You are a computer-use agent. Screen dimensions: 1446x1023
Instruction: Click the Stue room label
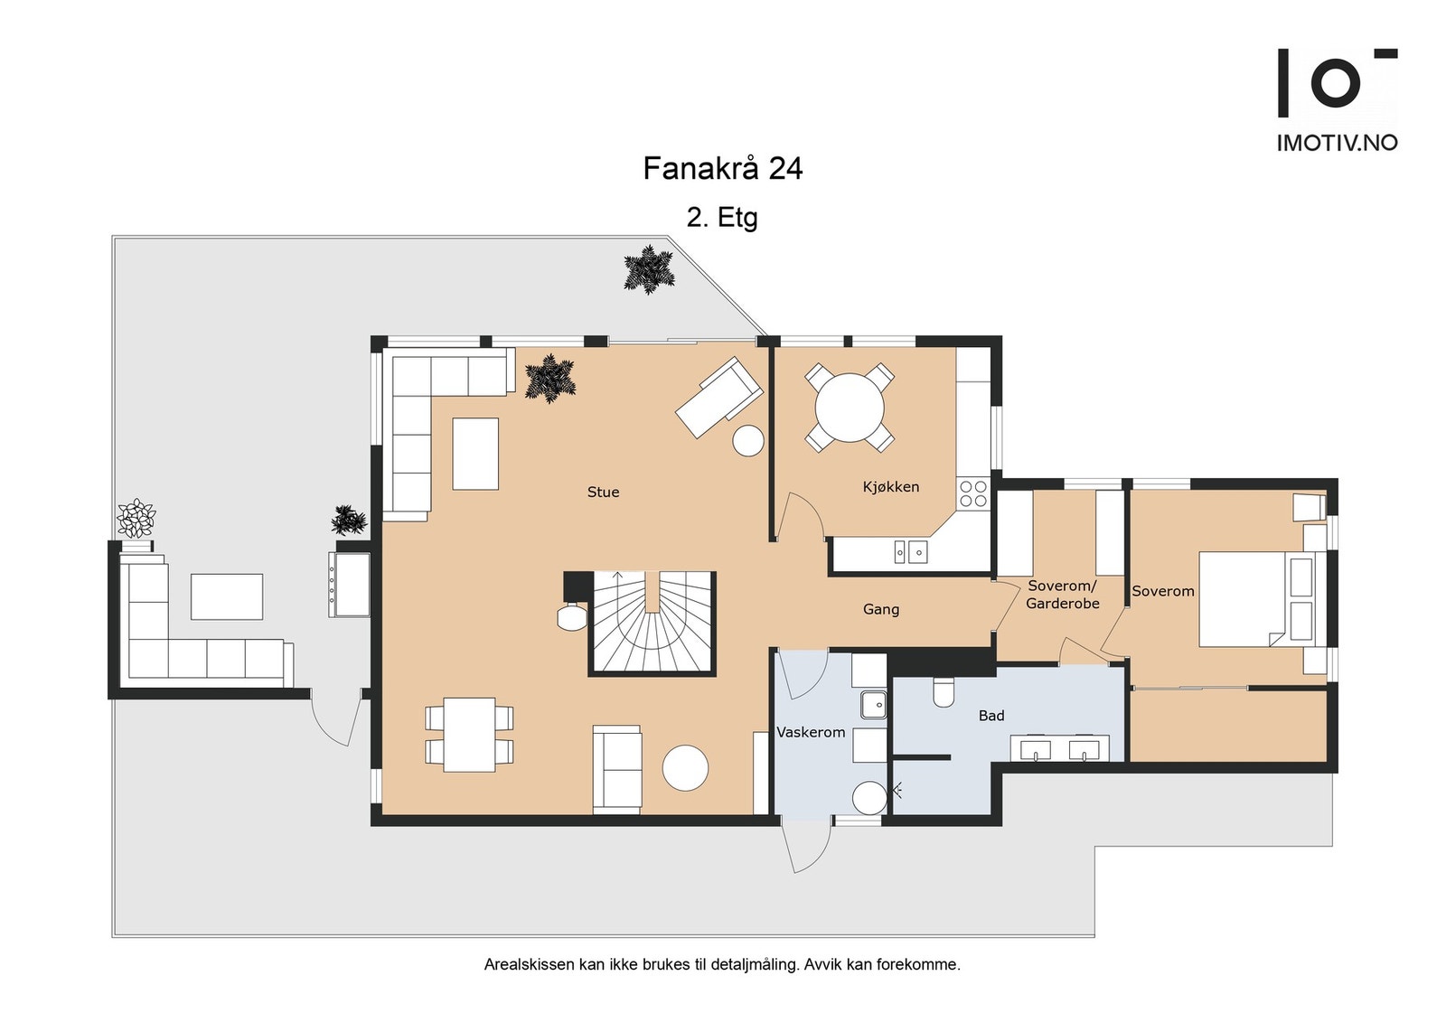tap(603, 492)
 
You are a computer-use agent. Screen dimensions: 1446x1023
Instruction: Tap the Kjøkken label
tap(891, 487)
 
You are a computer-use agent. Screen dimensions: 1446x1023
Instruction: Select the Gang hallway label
tap(880, 609)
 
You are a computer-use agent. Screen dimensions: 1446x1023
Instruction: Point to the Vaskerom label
tap(811, 732)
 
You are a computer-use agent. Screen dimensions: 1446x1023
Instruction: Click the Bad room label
tap(991, 715)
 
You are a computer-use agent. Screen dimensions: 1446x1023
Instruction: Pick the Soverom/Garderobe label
tap(1063, 595)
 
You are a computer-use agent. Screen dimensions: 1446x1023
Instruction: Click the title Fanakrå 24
tap(722, 168)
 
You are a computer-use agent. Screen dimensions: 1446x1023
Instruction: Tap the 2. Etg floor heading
tap(722, 218)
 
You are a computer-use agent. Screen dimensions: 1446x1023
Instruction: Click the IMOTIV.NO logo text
tap(1338, 143)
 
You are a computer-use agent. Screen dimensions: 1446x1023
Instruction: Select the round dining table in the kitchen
tap(850, 408)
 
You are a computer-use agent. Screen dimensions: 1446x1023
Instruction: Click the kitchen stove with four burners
tap(972, 493)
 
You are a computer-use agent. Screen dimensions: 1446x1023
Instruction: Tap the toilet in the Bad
tap(944, 692)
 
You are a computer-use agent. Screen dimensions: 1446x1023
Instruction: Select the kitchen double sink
tap(911, 552)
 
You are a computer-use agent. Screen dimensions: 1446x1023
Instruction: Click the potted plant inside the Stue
tap(550, 379)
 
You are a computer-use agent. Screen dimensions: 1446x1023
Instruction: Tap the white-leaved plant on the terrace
tap(136, 518)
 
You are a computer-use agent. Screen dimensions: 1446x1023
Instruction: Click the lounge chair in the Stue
tap(718, 398)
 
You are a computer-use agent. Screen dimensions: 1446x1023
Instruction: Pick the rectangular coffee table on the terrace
tap(227, 597)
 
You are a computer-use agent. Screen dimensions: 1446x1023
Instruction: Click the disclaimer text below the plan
tap(722, 964)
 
